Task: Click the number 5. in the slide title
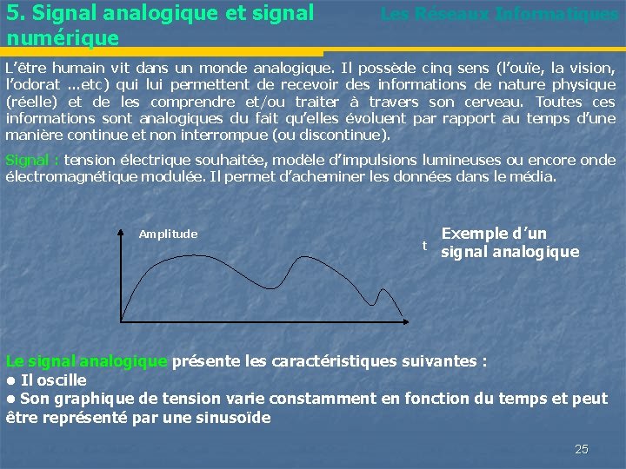[14, 15]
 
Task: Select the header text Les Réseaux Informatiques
[499, 15]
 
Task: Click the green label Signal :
[32, 161]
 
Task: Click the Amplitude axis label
[168, 234]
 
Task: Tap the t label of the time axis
[424, 246]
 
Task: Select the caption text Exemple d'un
[494, 234]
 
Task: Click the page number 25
[582, 449]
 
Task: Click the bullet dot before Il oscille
[10, 380]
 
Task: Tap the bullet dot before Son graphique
[10, 400]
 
